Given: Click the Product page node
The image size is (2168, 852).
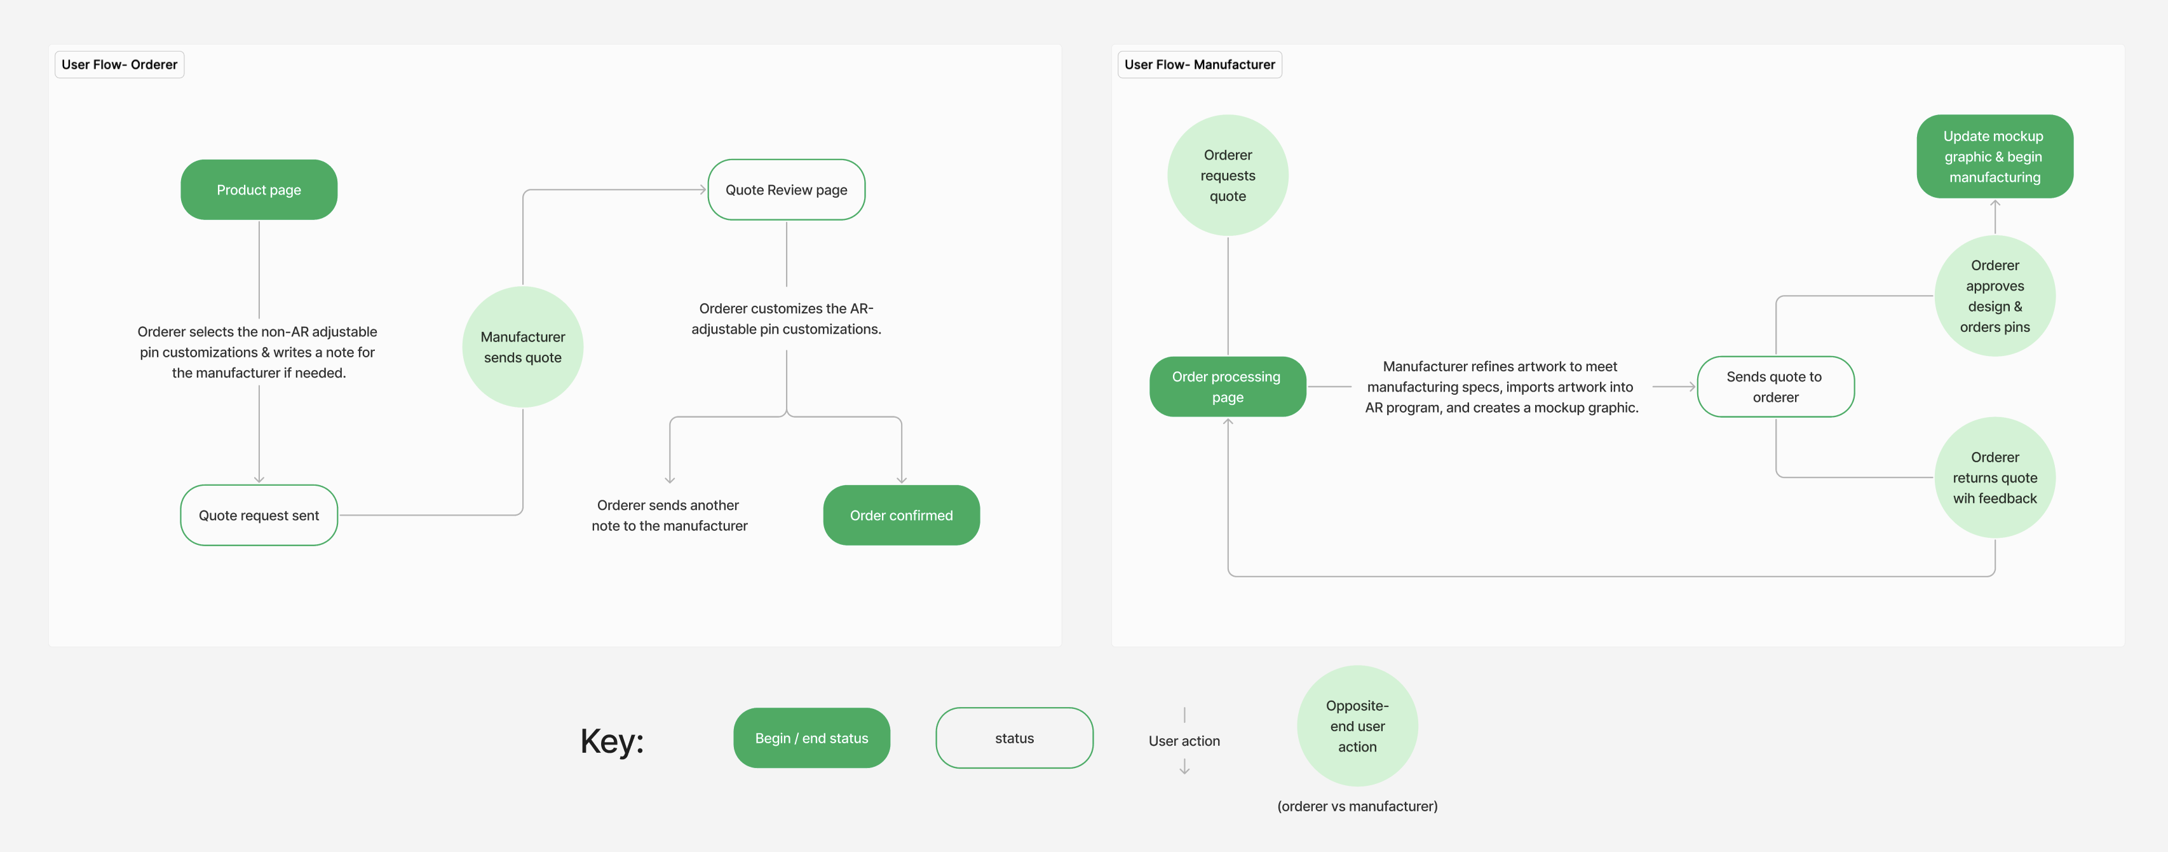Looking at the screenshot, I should coord(259,189).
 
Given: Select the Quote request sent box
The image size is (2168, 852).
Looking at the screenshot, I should coord(259,515).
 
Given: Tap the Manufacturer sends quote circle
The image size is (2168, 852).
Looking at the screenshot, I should coord(523,347).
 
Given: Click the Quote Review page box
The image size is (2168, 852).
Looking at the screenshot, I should coord(786,189).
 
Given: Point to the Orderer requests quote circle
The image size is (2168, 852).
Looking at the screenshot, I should coord(1227,175).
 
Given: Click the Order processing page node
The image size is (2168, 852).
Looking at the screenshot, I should coord(1227,387).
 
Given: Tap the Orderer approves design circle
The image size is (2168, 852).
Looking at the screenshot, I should coord(1994,296).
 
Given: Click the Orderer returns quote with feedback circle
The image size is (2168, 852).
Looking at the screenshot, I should coord(1994,478).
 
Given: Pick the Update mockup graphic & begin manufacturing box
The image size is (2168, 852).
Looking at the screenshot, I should coord(1994,156).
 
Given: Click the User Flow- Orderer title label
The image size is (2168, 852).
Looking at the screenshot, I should coord(119,65).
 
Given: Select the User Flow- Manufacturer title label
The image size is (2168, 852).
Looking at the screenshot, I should coord(1199,65).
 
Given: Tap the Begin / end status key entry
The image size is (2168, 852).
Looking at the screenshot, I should coord(811,738).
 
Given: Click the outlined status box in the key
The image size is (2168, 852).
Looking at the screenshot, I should coord(1014,738).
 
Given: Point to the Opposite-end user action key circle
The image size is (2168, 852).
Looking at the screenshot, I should coord(1357,725).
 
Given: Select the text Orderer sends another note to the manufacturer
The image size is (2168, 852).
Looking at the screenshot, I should coord(669,515).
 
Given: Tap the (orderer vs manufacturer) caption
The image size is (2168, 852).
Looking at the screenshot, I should coord(1357,806).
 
